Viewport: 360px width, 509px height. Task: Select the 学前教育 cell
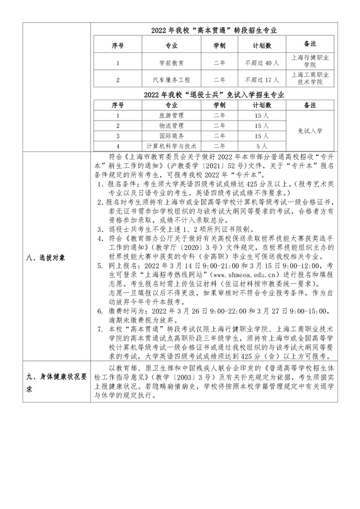[171, 62]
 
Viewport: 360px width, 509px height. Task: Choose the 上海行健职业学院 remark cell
[309, 61]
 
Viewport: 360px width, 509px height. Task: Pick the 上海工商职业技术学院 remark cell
[309, 78]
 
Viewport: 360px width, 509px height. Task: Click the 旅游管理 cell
[171, 115]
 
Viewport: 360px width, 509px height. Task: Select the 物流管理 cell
[171, 125]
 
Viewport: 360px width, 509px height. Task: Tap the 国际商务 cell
[171, 135]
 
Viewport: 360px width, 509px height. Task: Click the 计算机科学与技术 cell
[171, 145]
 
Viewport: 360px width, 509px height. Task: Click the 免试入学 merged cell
[309, 130]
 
